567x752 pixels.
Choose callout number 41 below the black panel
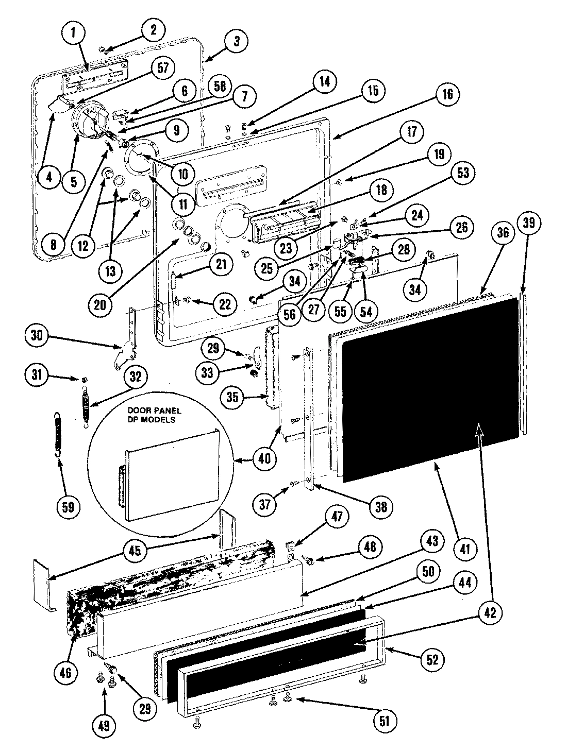pos(464,549)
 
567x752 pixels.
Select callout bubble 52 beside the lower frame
pos(431,659)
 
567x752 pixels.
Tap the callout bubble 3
pos(236,41)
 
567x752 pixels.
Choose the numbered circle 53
pos(462,173)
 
